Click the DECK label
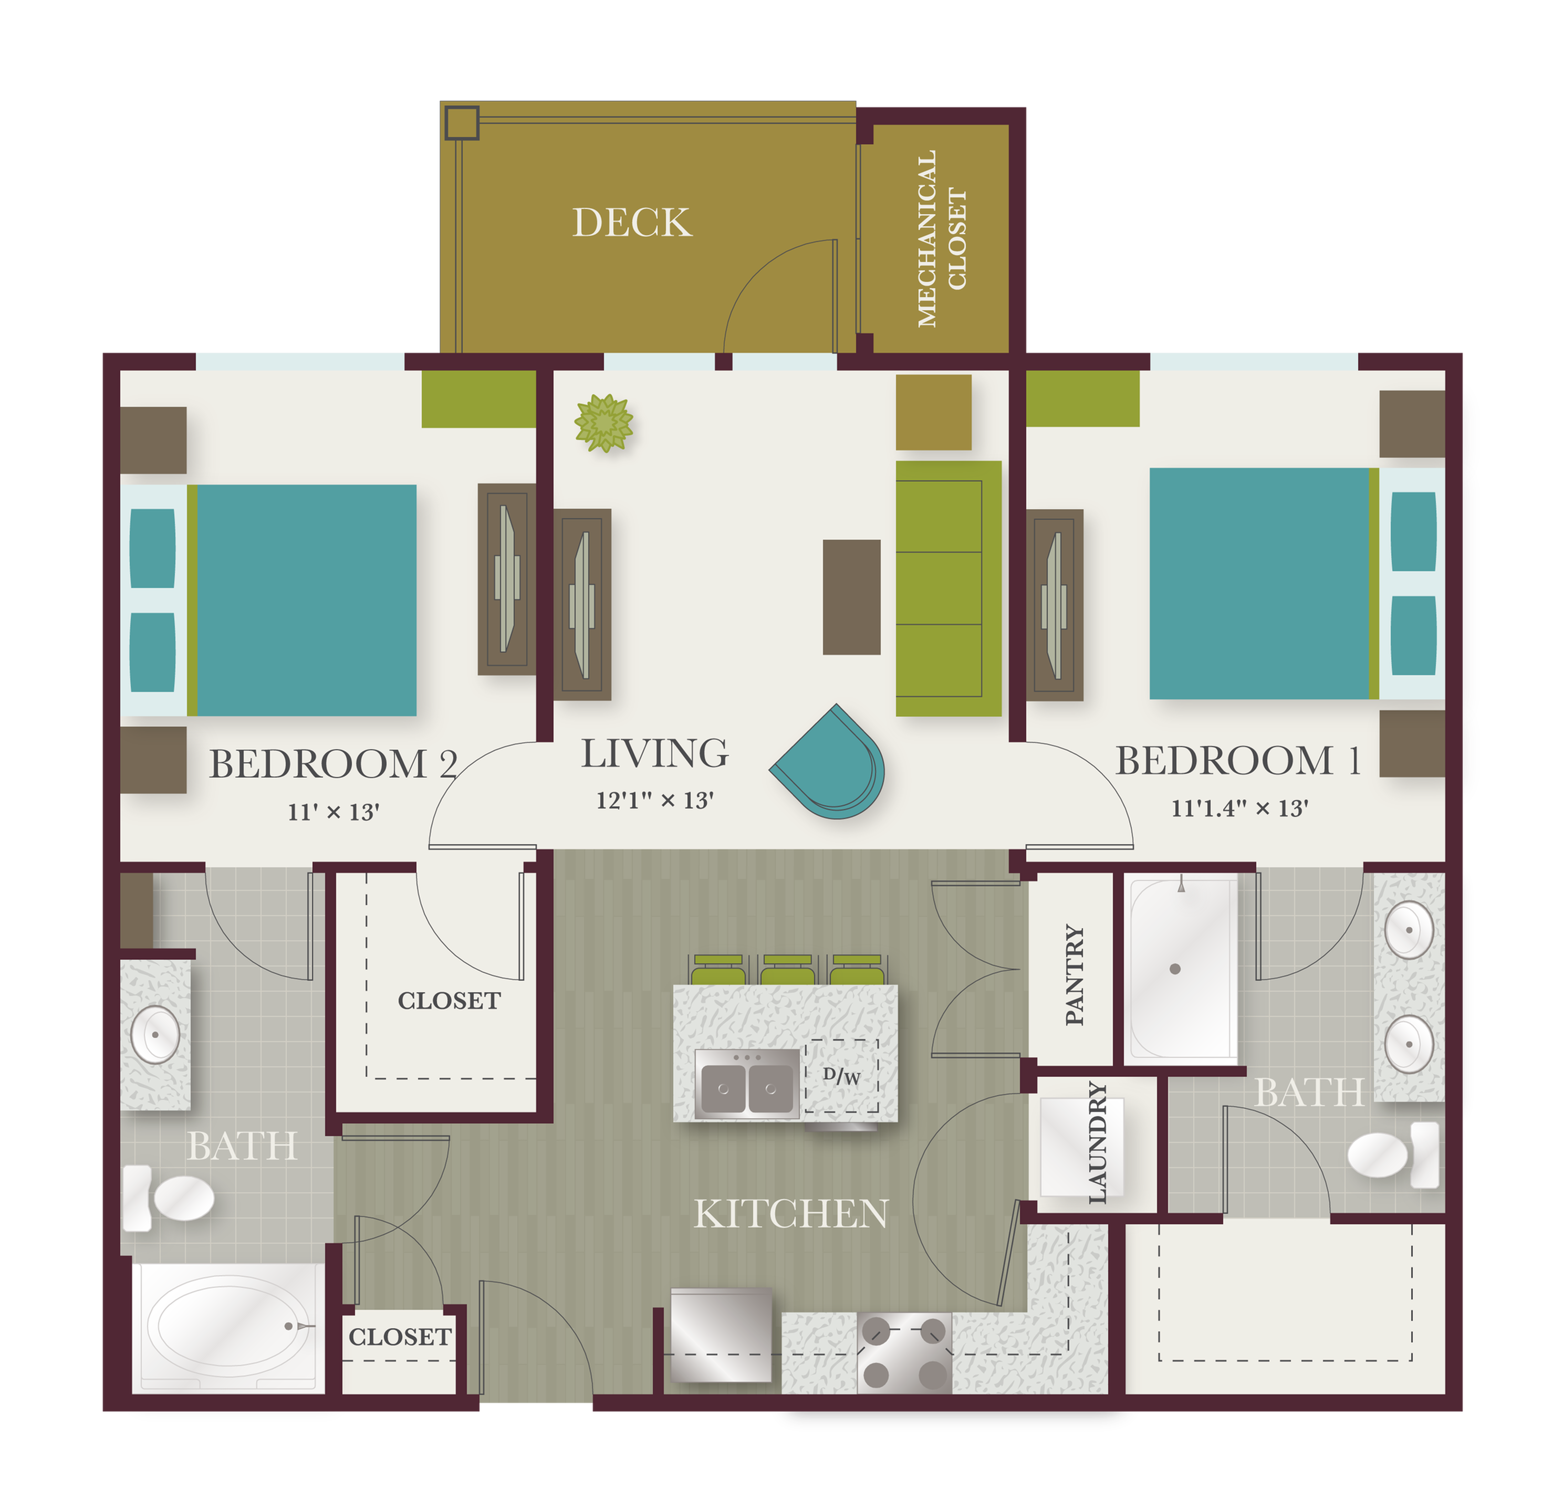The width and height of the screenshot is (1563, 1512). pos(632,223)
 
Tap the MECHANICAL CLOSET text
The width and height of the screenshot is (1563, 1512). pos(942,239)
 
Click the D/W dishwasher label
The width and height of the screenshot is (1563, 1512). pos(841,1076)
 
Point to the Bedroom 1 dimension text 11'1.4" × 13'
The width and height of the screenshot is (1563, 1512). pos(1240,808)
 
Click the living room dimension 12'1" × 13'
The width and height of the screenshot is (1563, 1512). pos(655,800)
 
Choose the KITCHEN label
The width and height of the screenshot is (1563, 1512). pos(791,1214)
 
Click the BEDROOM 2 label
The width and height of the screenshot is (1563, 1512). pos(332,763)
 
